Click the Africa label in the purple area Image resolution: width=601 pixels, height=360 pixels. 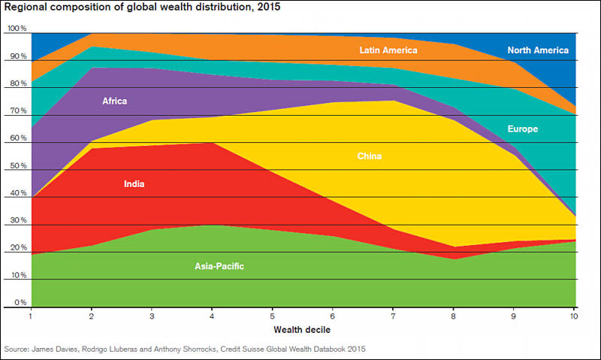coord(116,101)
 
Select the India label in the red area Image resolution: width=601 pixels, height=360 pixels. coord(134,183)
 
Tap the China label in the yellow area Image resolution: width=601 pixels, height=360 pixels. coord(370,156)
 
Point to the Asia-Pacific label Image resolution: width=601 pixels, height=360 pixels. coord(219,266)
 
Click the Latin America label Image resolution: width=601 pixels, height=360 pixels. coord(388,50)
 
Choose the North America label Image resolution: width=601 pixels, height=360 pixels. coord(538,50)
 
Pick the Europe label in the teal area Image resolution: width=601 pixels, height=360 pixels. coord(523,129)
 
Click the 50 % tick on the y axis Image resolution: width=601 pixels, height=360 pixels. coord(17,165)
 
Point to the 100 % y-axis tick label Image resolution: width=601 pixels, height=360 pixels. coord(17,29)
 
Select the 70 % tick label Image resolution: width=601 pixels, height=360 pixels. coord(17,110)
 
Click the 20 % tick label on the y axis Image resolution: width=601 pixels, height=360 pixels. coord(17,247)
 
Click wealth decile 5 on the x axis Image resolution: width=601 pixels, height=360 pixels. coord(272,316)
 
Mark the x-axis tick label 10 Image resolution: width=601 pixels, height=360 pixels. coord(573,316)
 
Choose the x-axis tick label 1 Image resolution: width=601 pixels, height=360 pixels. coord(30,316)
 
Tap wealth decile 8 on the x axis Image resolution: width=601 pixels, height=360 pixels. coord(454,316)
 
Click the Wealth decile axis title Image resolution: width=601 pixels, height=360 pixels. coord(302,330)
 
